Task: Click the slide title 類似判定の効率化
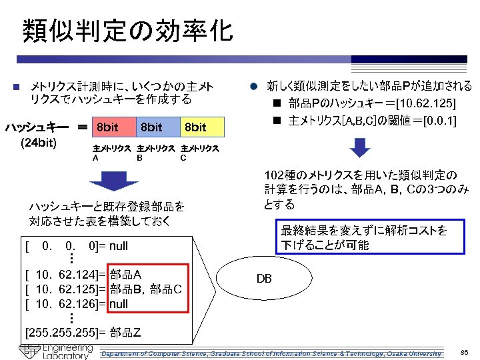point(127,31)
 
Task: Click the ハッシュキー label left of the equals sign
point(37,127)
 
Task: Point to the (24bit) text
point(39,142)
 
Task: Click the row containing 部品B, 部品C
point(107,289)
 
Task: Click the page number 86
point(465,351)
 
